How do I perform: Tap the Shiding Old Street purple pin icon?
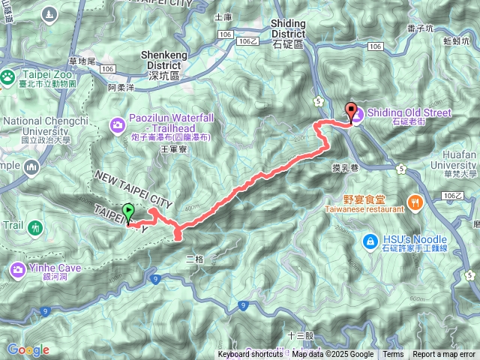pos(357,114)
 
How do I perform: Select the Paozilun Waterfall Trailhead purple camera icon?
pos(118,124)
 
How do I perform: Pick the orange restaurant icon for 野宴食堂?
pos(414,201)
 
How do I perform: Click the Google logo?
pos(28,349)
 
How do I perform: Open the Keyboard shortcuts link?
pos(250,355)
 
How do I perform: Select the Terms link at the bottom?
pos(392,355)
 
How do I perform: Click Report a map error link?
pos(444,355)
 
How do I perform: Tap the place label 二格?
pos(193,259)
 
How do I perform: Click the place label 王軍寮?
pos(172,150)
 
